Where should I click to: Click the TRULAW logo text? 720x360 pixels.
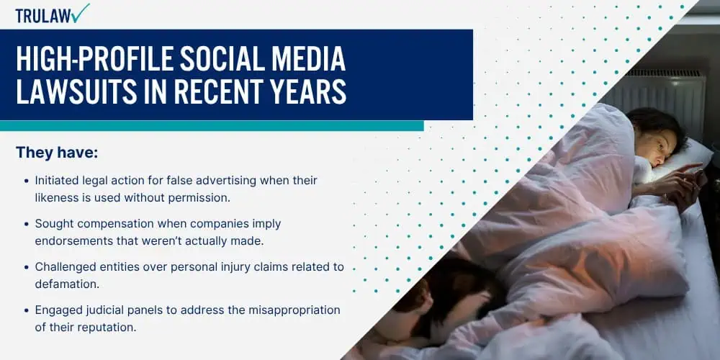(43, 16)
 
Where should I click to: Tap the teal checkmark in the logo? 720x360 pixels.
(81, 13)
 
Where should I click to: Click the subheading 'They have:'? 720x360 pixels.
(57, 153)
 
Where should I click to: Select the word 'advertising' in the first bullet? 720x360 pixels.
(226, 181)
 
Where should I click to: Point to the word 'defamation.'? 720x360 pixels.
(67, 284)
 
